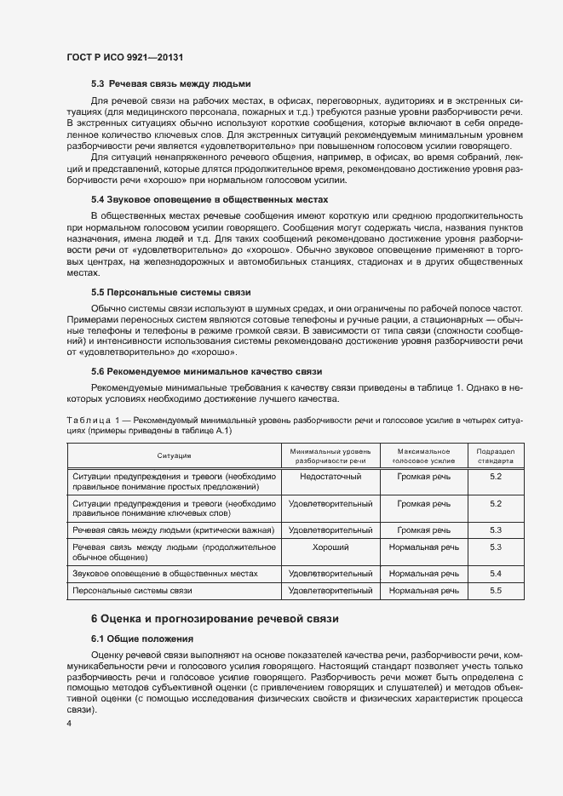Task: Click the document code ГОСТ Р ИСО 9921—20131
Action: click(x=126, y=57)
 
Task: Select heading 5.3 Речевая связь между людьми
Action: click(x=170, y=83)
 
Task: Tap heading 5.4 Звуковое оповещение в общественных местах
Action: click(x=209, y=198)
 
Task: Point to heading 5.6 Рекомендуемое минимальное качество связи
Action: click(x=206, y=371)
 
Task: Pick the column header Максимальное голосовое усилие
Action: click(x=423, y=455)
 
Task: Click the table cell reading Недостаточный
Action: click(x=330, y=478)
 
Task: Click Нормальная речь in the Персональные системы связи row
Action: click(x=423, y=590)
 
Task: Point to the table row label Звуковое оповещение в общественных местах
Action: click(x=165, y=574)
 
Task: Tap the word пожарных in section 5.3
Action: click(x=247, y=112)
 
